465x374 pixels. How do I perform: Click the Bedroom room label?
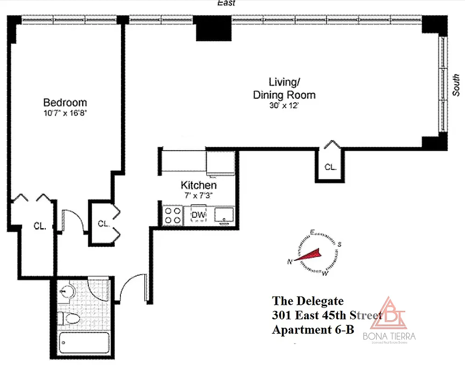[x=65, y=102]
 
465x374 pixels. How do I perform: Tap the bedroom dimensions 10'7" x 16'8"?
[x=65, y=112]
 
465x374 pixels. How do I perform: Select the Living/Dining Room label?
[x=284, y=88]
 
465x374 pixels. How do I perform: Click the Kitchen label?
[x=198, y=186]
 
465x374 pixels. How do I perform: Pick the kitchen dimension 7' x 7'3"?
[x=198, y=195]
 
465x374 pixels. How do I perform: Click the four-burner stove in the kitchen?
[x=173, y=216]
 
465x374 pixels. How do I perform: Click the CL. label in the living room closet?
[x=331, y=167]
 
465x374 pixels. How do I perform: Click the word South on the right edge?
[x=456, y=86]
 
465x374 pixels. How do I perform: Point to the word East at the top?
[x=226, y=3]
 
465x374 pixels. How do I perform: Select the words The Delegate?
[x=308, y=300]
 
